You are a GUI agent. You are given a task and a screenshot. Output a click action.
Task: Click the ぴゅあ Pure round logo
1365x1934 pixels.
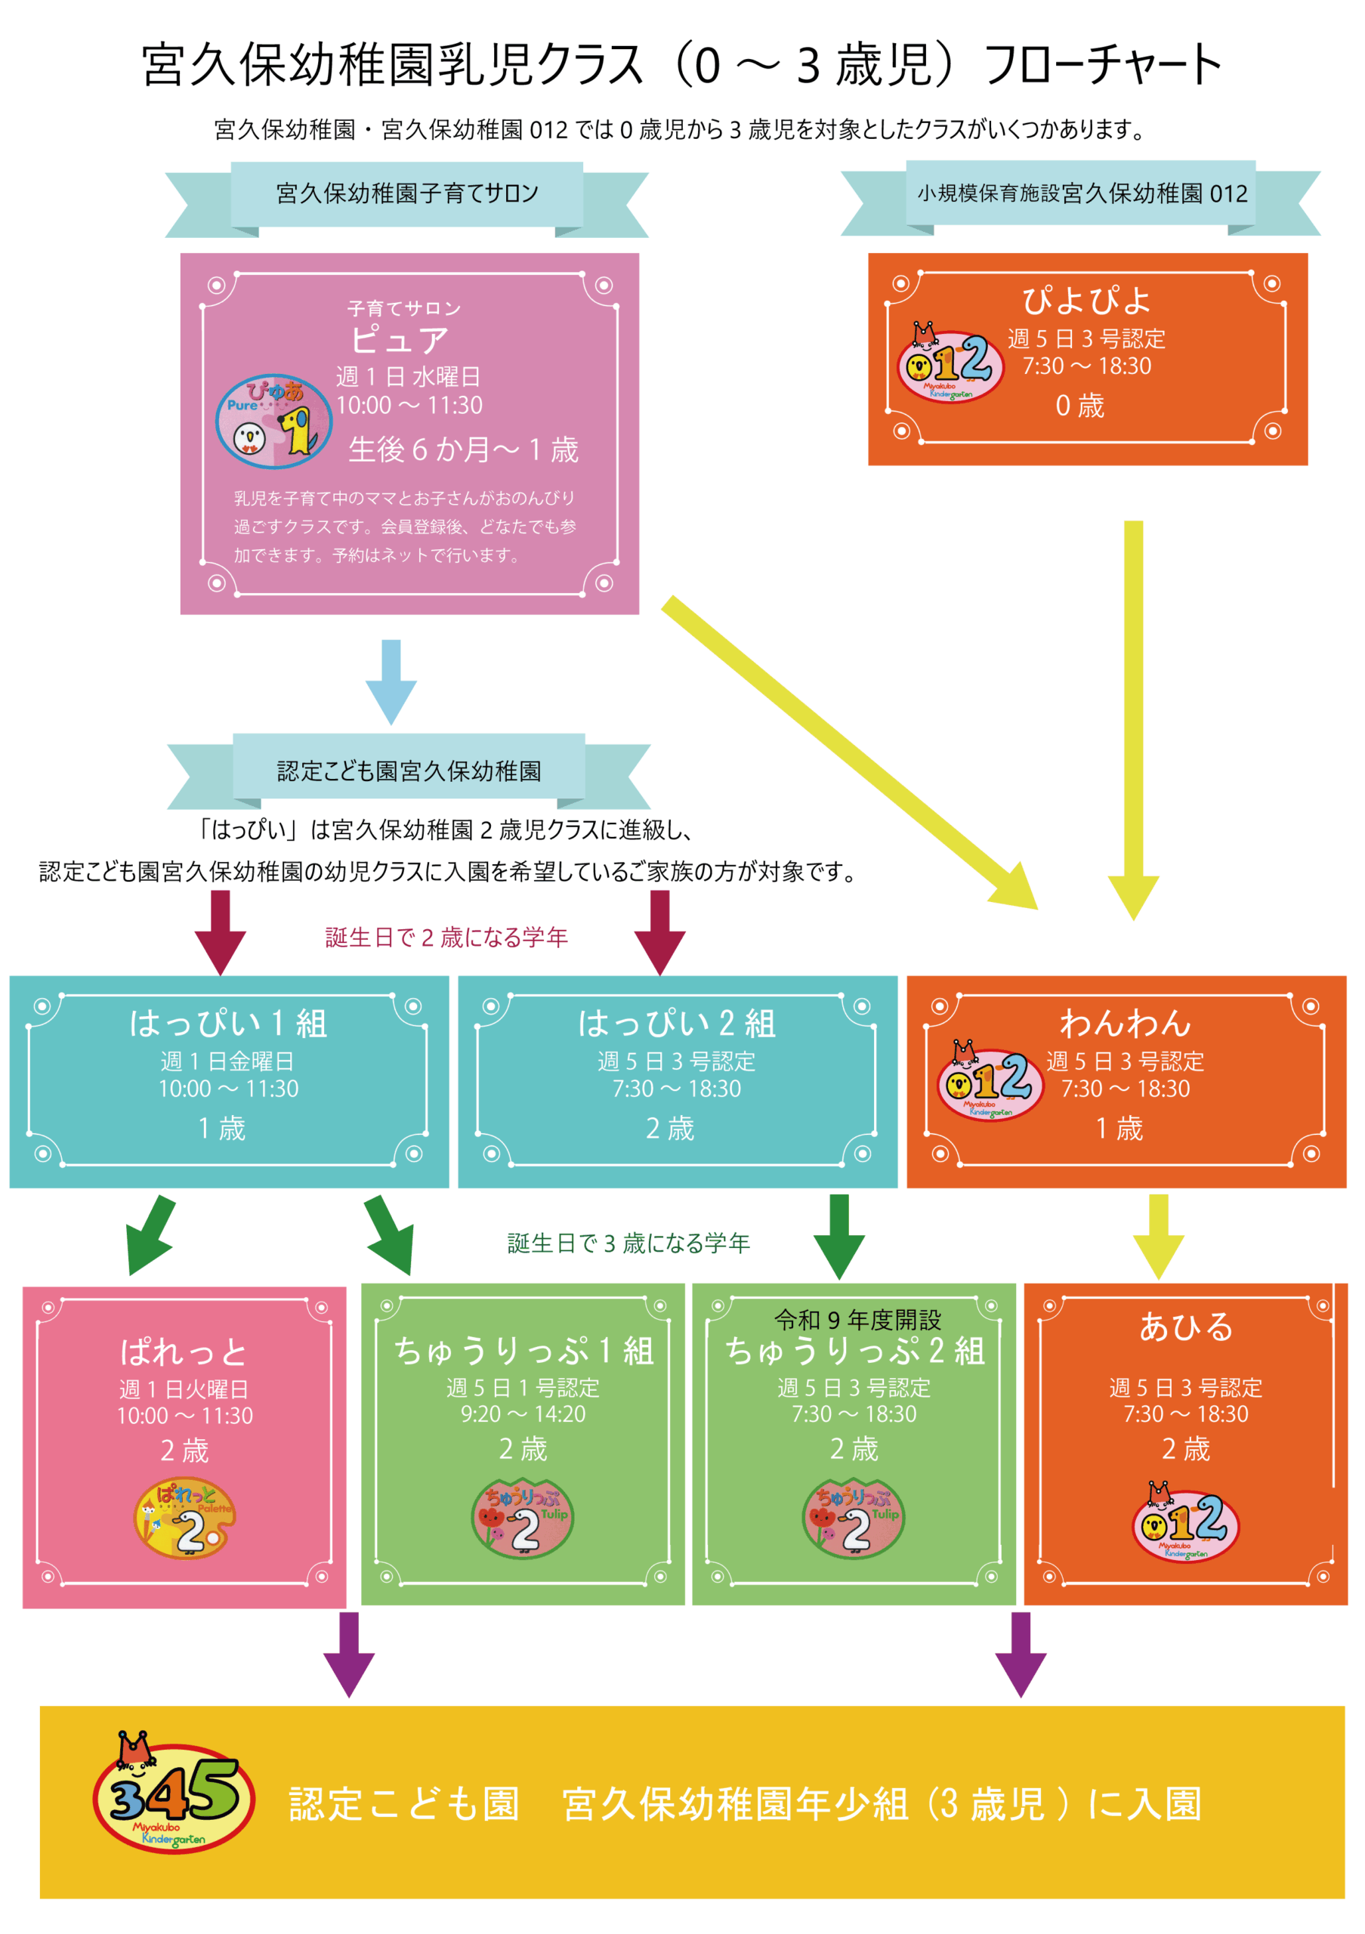pos(273,420)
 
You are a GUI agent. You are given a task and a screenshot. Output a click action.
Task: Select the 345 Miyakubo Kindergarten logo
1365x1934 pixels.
pos(174,1797)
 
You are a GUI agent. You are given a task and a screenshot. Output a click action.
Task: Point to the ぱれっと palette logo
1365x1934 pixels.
pos(185,1517)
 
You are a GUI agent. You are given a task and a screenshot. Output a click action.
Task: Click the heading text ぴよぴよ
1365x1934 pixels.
pos(1086,300)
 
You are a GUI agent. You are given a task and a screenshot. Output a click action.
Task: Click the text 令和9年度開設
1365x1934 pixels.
pos(857,1319)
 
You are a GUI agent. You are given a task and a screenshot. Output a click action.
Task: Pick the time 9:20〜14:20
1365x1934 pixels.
pos(522,1413)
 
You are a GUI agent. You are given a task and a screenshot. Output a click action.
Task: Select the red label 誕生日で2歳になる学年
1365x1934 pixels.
pos(446,937)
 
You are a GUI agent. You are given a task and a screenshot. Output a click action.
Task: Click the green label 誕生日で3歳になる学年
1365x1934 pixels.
pos(628,1243)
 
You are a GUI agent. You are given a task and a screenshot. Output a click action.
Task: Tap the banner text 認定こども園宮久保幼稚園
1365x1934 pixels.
pos(409,770)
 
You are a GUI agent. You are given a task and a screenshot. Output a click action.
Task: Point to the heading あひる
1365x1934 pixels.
pos(1186,1327)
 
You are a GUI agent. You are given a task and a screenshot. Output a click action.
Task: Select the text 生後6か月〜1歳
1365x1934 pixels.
pos(463,449)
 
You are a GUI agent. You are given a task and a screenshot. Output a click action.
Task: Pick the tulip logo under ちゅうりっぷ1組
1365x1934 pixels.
pos(522,1518)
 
